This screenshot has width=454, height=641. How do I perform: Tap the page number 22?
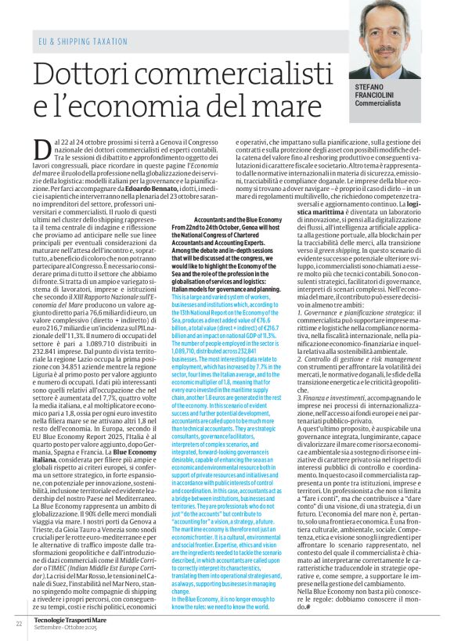click(x=18, y=624)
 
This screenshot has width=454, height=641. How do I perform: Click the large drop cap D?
click(x=42, y=146)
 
